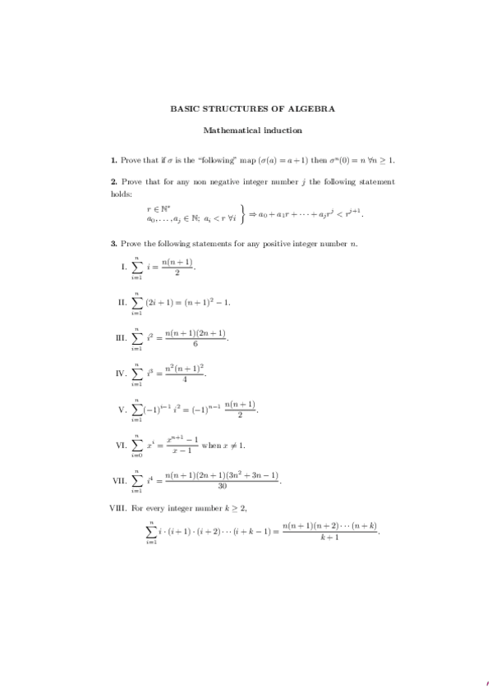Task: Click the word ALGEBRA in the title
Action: click(x=315, y=108)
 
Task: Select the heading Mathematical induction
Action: click(x=252, y=130)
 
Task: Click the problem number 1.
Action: click(x=113, y=157)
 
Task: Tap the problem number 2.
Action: click(x=113, y=181)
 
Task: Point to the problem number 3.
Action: click(x=113, y=244)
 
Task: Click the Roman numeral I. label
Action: click(x=124, y=267)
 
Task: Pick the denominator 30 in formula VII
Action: click(x=222, y=486)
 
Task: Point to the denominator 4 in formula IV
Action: click(x=184, y=380)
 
